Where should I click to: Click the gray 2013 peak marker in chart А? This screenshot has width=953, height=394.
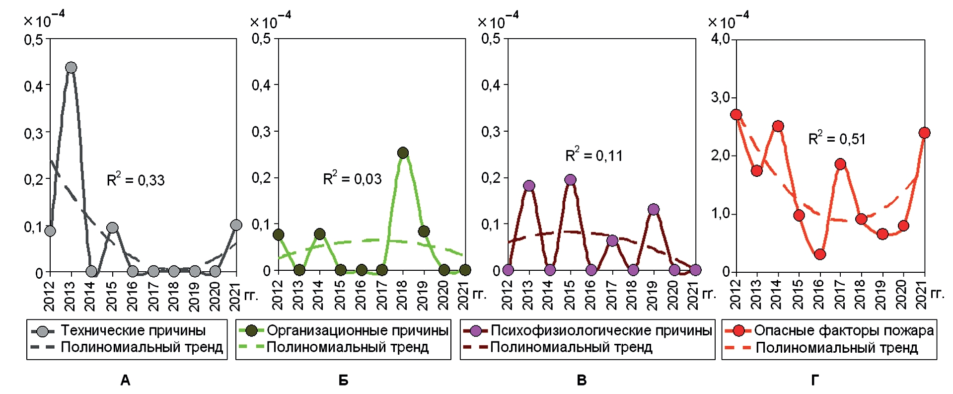point(71,68)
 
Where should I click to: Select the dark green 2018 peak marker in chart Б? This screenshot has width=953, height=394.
point(403,153)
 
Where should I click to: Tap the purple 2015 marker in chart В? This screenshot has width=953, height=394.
point(571,180)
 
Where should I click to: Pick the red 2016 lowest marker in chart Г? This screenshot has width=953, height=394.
point(820,254)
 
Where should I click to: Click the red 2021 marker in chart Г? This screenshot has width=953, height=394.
point(924,133)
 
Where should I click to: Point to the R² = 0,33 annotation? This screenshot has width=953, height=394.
point(136,180)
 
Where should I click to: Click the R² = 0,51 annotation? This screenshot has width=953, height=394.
point(837,139)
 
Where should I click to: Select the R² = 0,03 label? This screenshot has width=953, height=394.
point(352,178)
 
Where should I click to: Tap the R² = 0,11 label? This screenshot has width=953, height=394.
point(594,156)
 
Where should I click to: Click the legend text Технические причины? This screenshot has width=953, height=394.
point(133,330)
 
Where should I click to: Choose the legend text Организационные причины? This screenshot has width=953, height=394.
point(358,330)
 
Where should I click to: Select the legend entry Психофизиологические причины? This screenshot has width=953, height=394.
point(601,330)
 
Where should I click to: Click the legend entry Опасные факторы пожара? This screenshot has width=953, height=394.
point(844,330)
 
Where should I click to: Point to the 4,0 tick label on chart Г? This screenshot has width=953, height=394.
point(720,39)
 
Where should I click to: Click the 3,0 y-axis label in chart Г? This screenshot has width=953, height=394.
point(720,97)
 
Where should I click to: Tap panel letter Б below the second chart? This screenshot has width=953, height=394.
point(343,381)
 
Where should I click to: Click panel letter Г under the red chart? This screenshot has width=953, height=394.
point(815,381)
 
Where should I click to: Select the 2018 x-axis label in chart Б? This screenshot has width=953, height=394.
point(402,295)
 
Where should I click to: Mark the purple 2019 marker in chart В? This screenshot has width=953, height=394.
point(654,209)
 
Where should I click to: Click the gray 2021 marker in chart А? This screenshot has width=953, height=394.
point(236,225)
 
